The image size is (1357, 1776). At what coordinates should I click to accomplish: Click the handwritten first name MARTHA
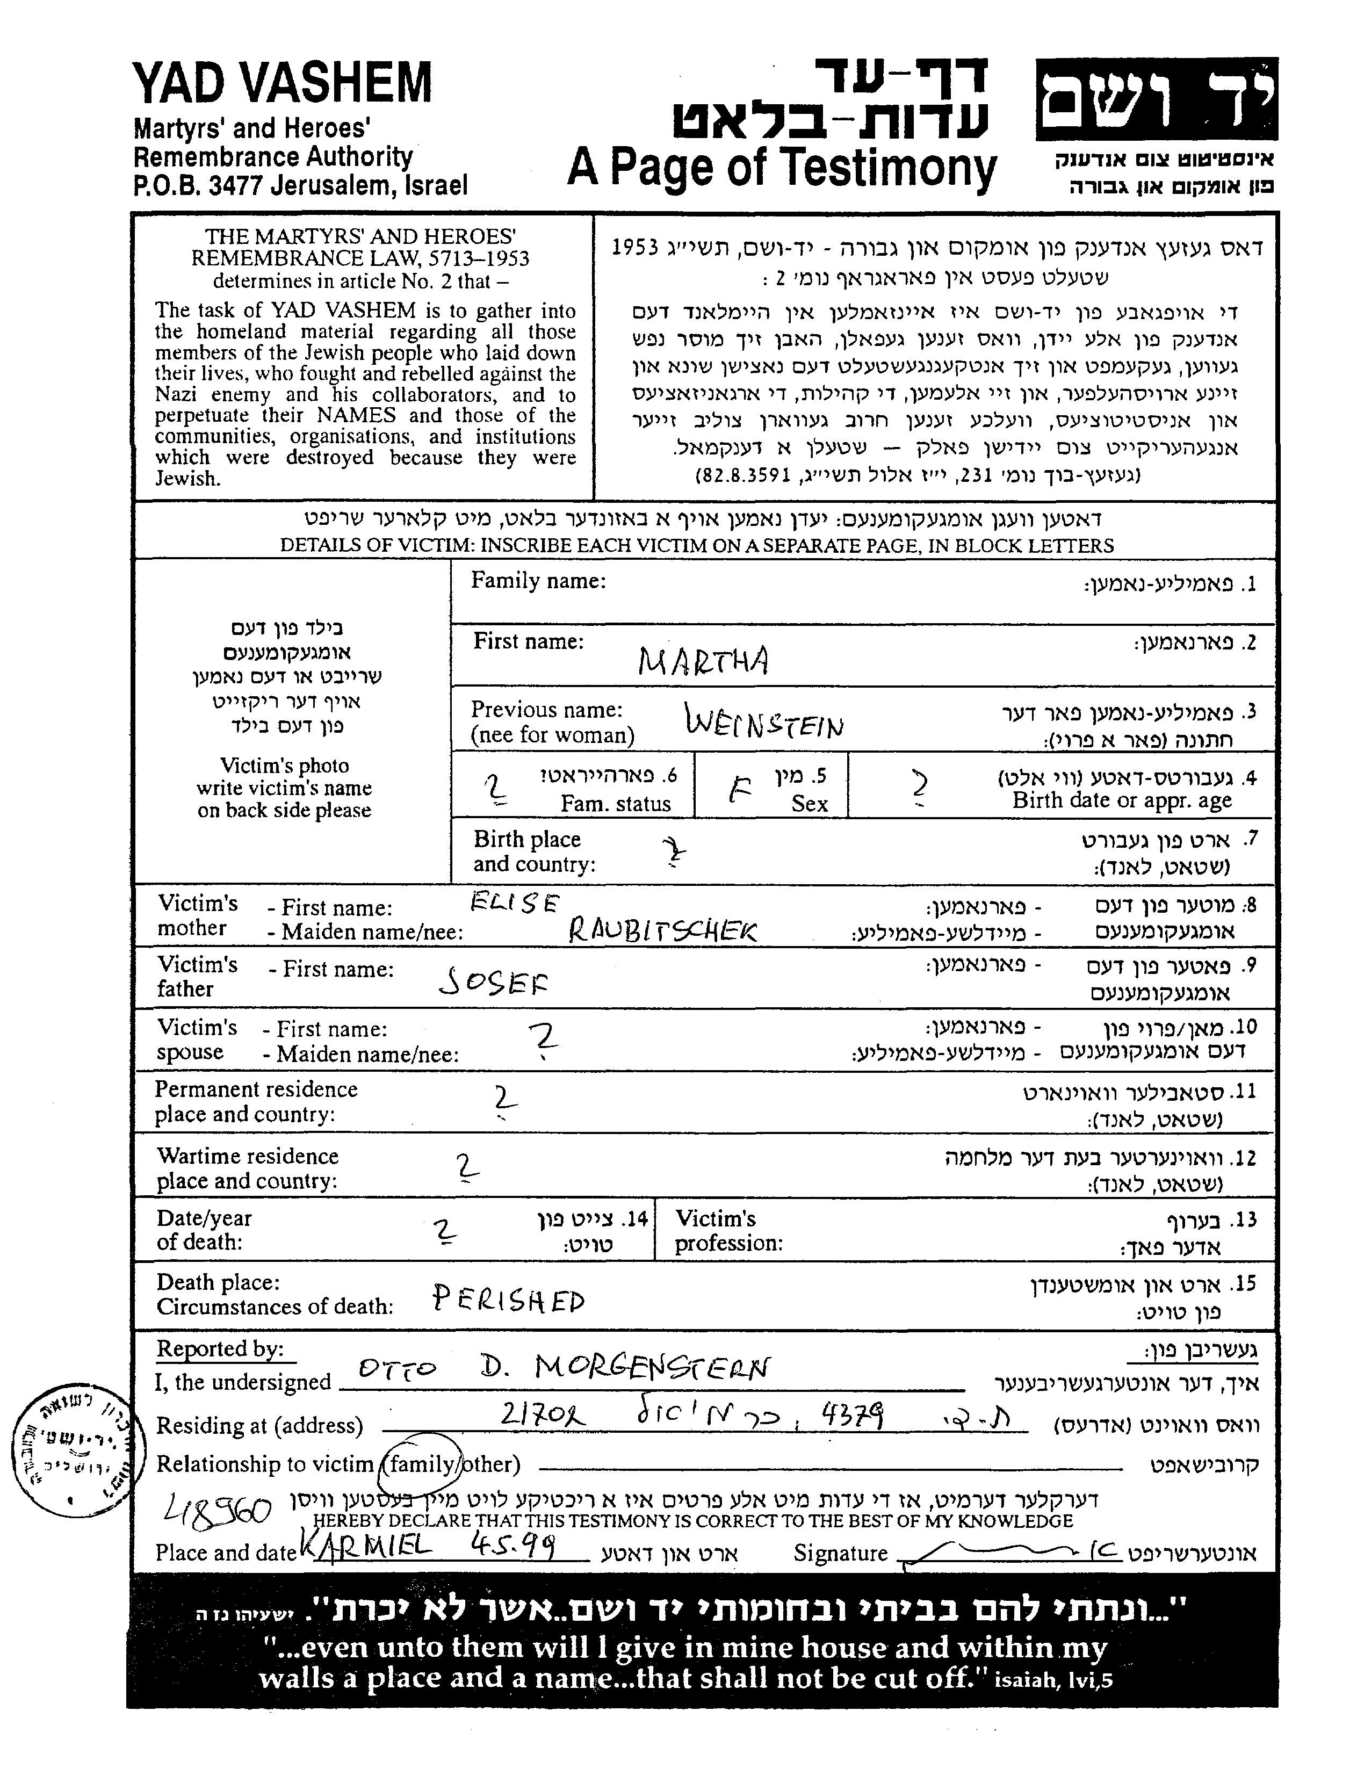(703, 661)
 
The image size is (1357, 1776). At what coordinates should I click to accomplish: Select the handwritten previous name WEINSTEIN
(764, 721)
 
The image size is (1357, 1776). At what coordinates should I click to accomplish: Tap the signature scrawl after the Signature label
(1001, 1551)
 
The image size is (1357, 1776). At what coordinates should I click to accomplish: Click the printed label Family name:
(538, 581)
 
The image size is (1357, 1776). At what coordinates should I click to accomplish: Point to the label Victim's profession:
(728, 1231)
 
